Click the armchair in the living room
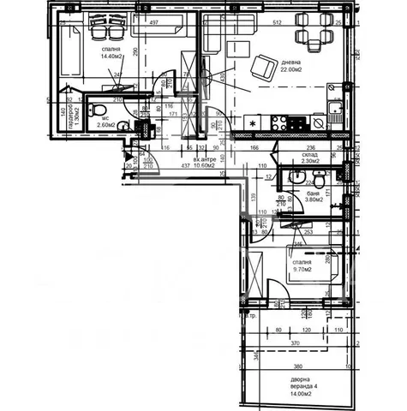tap(259, 64)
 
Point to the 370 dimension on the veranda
tap(296, 343)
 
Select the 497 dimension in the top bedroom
tap(154, 23)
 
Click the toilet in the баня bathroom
tap(318, 182)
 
